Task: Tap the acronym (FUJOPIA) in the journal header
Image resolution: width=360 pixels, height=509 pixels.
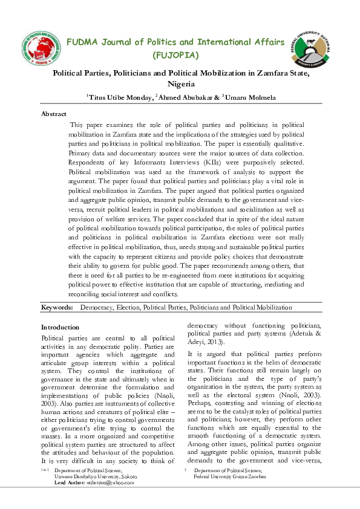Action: (175, 56)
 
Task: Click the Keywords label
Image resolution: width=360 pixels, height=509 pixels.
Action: (57, 308)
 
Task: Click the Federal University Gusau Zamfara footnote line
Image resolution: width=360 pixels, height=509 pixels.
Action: (229, 476)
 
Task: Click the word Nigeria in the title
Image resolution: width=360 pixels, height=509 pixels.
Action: (180, 85)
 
